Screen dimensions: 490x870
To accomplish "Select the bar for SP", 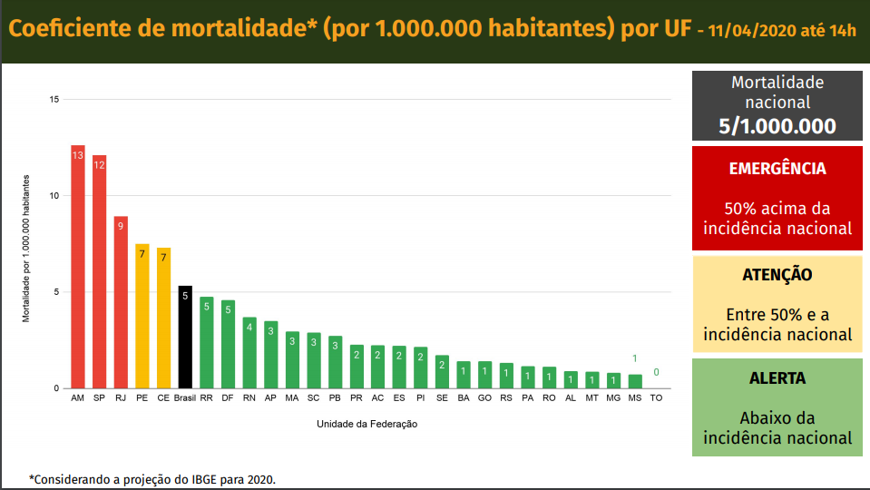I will click(99, 272).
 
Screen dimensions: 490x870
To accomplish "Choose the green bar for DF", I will click(228, 345).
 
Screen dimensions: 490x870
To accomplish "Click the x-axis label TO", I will click(656, 398).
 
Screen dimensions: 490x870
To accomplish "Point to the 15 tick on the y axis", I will click(54, 99).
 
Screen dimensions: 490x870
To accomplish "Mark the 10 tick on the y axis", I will click(54, 196).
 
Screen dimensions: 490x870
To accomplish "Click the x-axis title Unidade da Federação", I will click(367, 424).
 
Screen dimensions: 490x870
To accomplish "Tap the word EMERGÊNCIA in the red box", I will click(777, 169).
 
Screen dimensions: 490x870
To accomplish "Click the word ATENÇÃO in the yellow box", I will click(777, 274).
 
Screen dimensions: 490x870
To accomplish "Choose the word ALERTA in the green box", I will click(777, 377).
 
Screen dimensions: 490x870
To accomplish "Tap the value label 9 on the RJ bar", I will click(121, 226).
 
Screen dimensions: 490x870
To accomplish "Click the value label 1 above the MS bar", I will click(635, 358).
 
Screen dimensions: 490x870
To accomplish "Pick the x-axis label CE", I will click(163, 398).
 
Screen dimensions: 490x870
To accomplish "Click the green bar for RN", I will click(249, 353).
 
